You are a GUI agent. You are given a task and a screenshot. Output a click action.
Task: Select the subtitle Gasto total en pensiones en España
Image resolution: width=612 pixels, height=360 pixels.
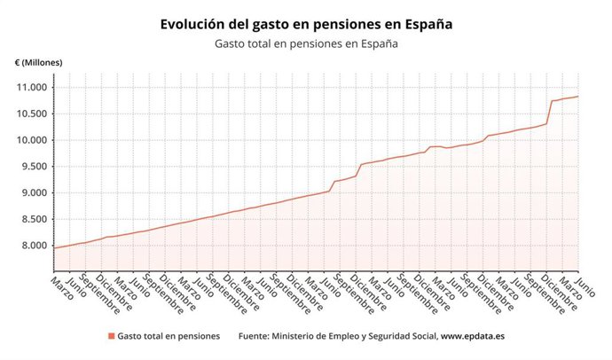click(x=305, y=43)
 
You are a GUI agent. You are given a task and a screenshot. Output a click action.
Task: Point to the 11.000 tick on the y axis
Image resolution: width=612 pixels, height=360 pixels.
click(x=30, y=87)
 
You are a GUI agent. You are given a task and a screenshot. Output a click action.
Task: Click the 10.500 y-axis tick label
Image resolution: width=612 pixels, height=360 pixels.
click(x=30, y=113)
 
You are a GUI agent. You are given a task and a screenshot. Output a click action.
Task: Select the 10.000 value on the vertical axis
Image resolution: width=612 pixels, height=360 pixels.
click(x=30, y=140)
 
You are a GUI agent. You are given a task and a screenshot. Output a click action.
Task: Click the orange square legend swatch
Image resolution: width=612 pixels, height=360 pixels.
click(x=112, y=336)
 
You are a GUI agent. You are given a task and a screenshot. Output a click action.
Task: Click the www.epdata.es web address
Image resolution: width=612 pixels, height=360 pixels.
click(x=472, y=336)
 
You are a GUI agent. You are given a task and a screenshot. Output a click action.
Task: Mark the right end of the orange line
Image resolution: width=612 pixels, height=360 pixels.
click(x=578, y=96)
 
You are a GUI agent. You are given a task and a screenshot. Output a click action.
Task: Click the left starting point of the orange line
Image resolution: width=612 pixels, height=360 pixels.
click(x=55, y=247)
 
